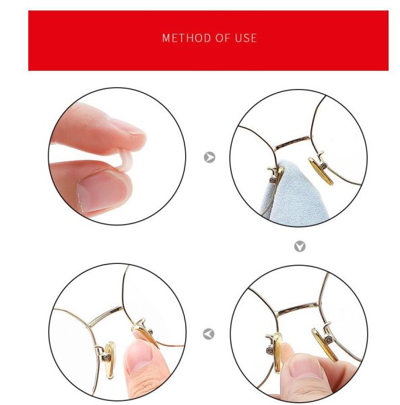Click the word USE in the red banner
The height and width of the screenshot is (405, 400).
coord(246,38)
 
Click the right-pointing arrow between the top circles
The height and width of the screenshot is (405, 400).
coord(209,157)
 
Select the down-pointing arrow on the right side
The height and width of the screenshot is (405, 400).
coord(300,246)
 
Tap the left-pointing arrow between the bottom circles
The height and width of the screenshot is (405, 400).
coord(209,334)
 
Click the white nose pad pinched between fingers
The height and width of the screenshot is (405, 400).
coord(125,160)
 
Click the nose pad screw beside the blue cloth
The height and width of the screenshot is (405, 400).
coord(273,180)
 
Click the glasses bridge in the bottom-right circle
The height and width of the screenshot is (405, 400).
coord(298,308)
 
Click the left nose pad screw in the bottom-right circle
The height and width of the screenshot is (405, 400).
coord(270,350)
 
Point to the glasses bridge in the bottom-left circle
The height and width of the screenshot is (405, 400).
coord(105,316)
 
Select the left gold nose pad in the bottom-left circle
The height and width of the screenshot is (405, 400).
coord(110,360)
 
